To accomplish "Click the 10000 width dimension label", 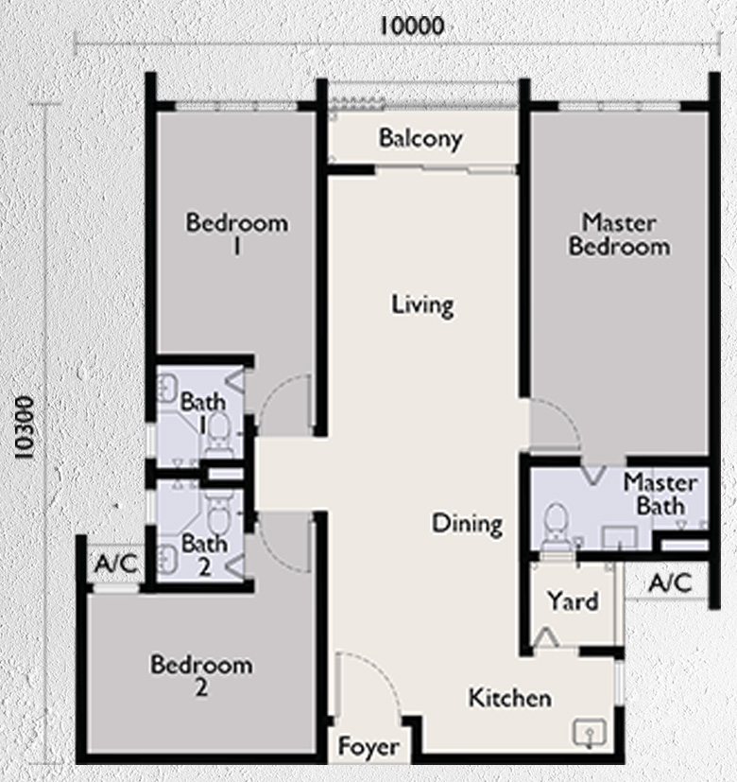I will pos(411,26).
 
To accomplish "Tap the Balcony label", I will pos(420,138).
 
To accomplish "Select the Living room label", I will pos(422,305).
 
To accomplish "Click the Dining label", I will pos(467,523).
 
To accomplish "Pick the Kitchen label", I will pos(510,699).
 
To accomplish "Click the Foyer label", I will pos(368,748).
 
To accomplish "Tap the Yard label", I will pos(573,601).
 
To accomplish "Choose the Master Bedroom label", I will pos(619,235).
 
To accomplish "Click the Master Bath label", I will pos(660,494).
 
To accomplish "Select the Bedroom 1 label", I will pos(236,235).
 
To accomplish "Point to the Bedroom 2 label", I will pos(201,675).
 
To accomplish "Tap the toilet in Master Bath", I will pos(556,525).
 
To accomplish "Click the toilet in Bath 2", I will pos(217,515).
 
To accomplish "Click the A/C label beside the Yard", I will pos(671,583).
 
